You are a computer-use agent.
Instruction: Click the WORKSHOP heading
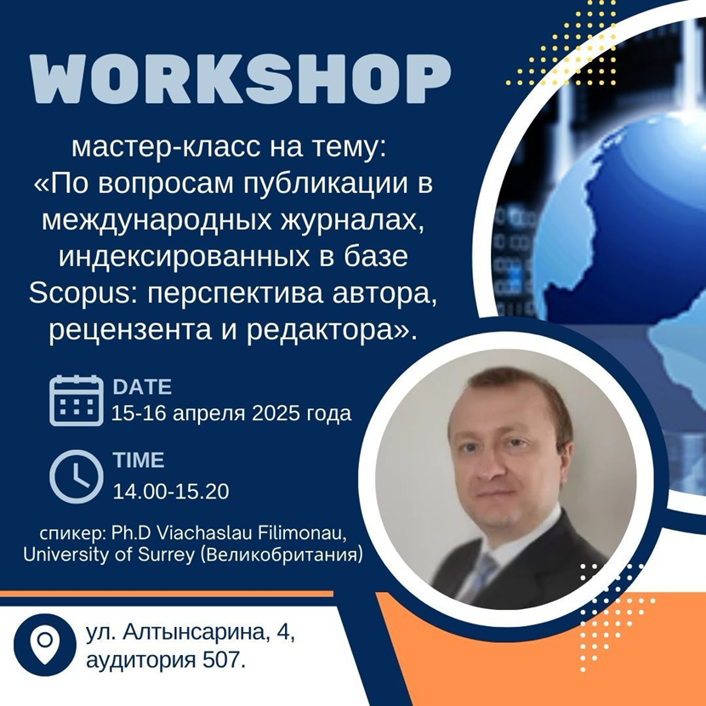pyautogui.click(x=240, y=80)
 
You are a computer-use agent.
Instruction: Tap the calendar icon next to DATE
pyautogui.click(x=76, y=401)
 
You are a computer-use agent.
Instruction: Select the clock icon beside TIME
pyautogui.click(x=76, y=476)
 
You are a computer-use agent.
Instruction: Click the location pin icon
pyautogui.click(x=45, y=645)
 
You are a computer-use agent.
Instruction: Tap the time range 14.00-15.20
pyautogui.click(x=171, y=492)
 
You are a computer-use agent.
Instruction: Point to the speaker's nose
pyautogui.click(x=488, y=470)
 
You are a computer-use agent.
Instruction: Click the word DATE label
pyautogui.click(x=142, y=387)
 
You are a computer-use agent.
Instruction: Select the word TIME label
pyautogui.click(x=139, y=460)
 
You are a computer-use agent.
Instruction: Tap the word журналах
pyautogui.click(x=352, y=220)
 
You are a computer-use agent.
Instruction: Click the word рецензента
pyautogui.click(x=130, y=331)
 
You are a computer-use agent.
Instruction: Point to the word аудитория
pyautogui.click(x=141, y=661)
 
